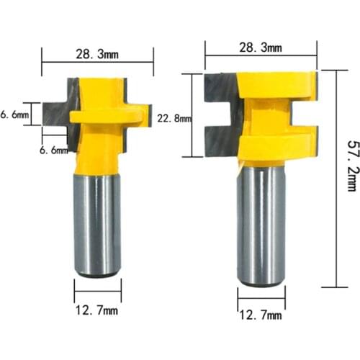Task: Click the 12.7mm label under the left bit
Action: click(x=97, y=312)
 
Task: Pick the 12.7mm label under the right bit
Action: click(x=260, y=315)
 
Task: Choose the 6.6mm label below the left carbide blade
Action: click(x=55, y=150)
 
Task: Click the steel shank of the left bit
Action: click(x=97, y=223)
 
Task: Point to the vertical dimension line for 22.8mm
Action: click(x=191, y=115)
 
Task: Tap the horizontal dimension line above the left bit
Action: click(x=97, y=62)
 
